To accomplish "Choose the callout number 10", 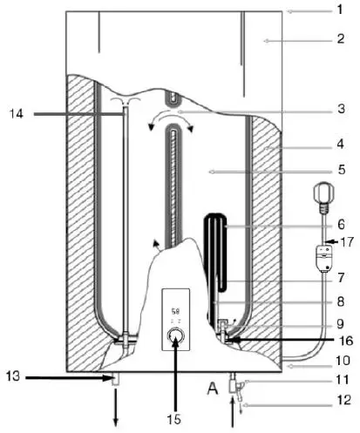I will (343, 359).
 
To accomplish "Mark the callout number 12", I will (343, 401).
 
